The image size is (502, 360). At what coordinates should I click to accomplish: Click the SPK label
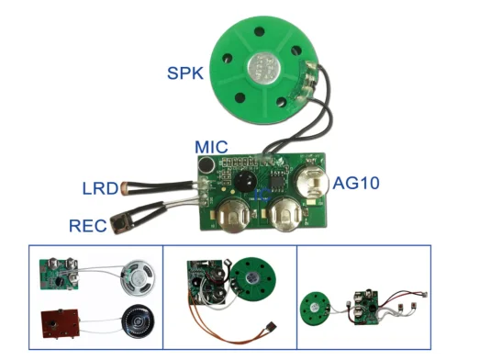(x=186, y=72)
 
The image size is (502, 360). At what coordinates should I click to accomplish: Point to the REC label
(x=89, y=225)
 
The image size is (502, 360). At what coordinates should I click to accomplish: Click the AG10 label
(x=357, y=184)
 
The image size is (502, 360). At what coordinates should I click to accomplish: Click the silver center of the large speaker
(x=263, y=62)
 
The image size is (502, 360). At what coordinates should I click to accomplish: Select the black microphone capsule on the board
(x=207, y=166)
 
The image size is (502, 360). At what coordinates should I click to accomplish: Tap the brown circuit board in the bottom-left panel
(x=59, y=322)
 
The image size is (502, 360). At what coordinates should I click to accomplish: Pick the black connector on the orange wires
(x=268, y=328)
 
